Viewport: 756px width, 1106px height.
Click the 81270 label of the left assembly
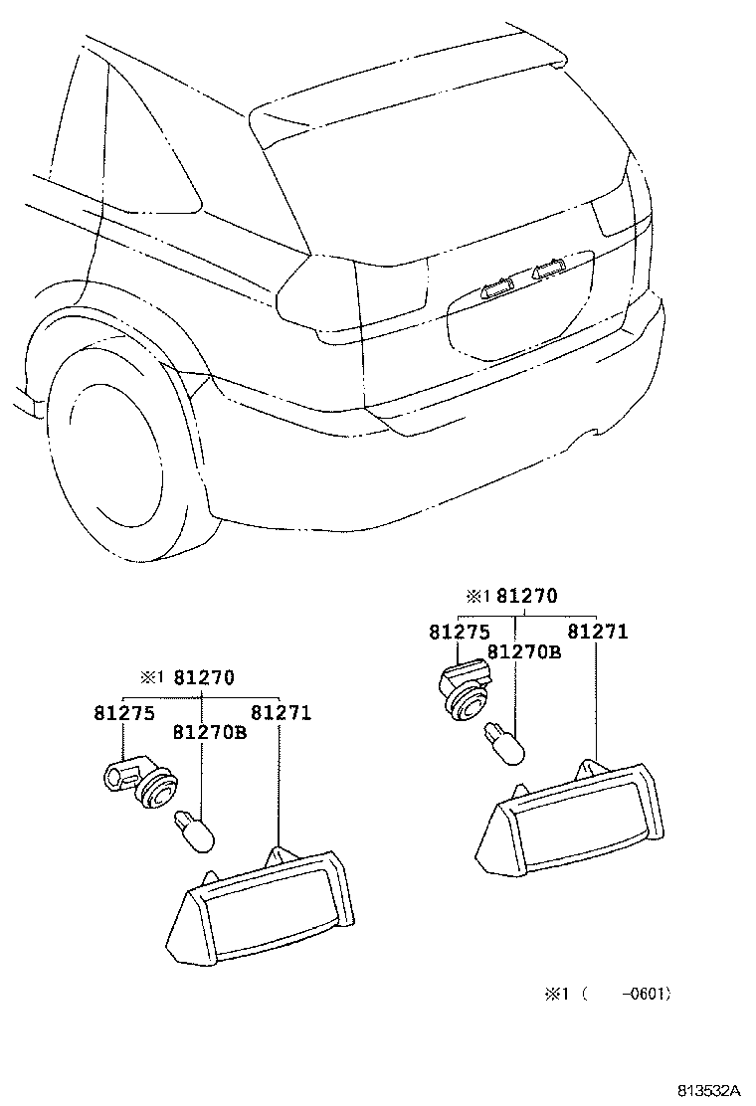(204, 678)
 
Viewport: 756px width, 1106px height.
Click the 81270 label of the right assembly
(527, 596)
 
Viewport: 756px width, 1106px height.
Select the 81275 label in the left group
(125, 713)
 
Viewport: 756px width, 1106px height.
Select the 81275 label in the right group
(460, 632)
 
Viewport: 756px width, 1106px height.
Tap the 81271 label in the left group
(281, 713)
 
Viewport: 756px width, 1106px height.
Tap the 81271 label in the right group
(598, 632)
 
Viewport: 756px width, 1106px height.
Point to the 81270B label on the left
(209, 733)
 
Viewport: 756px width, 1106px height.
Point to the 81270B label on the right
(524, 651)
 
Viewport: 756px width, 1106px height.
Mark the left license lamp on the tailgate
(493, 289)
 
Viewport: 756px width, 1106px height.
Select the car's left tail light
(317, 294)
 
